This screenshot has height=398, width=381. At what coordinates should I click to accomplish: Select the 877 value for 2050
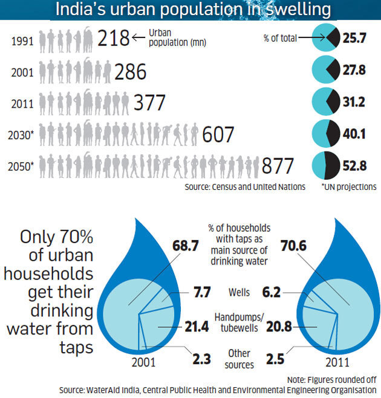(x=278, y=166)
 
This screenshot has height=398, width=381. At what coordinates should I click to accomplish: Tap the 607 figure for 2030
(x=218, y=134)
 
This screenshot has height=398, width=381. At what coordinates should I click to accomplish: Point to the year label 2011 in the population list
(x=22, y=103)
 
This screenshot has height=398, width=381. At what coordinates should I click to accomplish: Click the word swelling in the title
(x=287, y=10)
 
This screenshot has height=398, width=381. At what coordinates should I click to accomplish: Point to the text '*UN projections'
(x=349, y=188)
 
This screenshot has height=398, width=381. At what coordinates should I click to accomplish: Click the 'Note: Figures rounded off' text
(x=332, y=379)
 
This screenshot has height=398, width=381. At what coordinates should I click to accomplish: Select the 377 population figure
(x=149, y=103)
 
